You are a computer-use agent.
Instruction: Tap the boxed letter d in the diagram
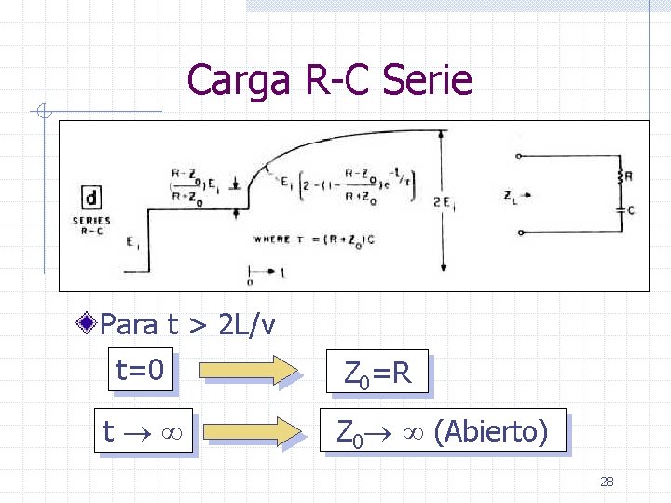point(91,197)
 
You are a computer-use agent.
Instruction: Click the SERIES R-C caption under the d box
point(91,225)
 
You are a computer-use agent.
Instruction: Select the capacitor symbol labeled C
point(620,211)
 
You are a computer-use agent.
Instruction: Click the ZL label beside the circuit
point(510,197)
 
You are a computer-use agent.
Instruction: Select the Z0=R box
point(377,374)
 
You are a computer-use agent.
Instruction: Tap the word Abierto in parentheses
point(492,431)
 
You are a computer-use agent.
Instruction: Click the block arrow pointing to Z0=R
point(254,370)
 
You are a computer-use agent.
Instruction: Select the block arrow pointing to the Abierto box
point(254,431)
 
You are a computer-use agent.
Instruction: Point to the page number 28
point(607,482)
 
